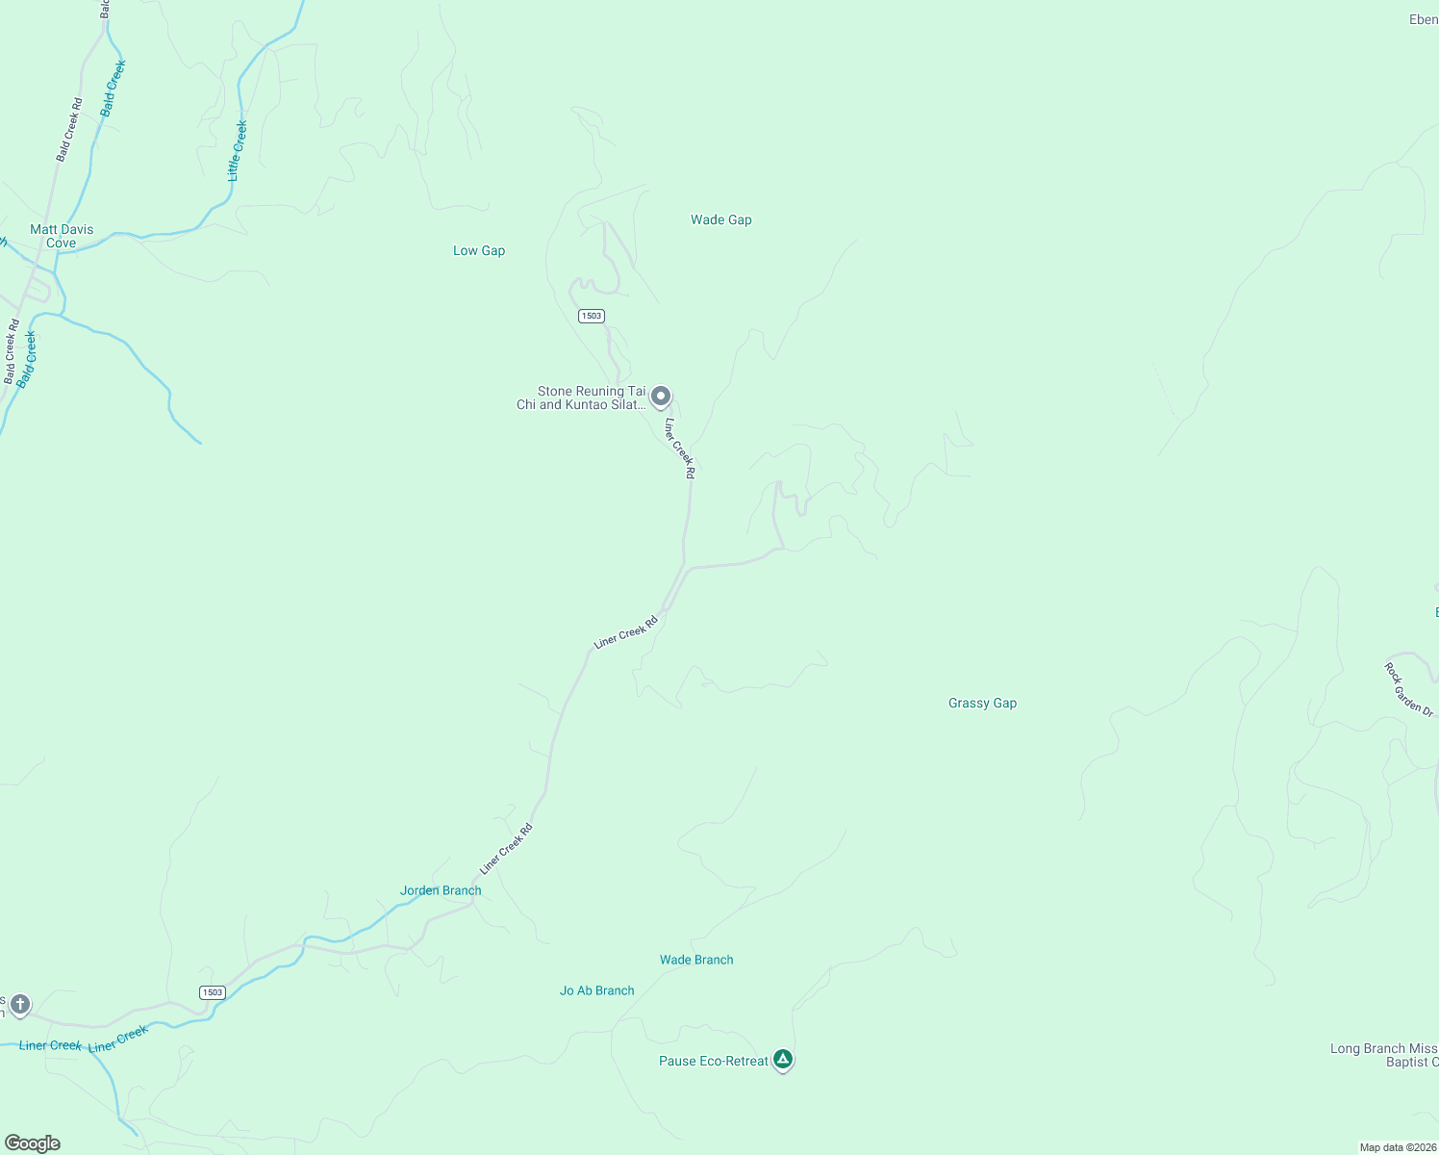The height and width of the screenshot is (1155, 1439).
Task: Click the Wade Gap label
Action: tap(720, 220)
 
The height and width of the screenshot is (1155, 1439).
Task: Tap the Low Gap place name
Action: tap(479, 251)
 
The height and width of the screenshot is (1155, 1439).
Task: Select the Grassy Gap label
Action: tap(982, 704)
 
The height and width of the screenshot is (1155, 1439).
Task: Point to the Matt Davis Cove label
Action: tap(62, 236)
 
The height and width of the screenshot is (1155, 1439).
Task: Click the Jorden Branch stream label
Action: tap(441, 890)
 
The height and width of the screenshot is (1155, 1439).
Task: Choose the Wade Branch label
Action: tap(696, 960)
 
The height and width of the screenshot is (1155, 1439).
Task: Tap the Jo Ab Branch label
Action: tap(596, 990)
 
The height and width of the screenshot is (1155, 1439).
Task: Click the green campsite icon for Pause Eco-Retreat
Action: tap(783, 1060)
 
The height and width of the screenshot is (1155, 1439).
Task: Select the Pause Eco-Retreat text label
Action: tap(714, 1061)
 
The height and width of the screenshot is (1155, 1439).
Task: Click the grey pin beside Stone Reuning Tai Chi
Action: tap(661, 396)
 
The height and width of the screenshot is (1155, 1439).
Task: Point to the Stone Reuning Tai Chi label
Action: tap(582, 398)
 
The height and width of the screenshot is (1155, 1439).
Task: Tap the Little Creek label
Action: tap(237, 150)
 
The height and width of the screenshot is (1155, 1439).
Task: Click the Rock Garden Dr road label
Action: tap(1409, 689)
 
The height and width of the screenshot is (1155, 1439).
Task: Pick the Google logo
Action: tap(33, 1143)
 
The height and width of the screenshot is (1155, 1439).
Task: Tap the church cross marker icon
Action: tap(19, 1005)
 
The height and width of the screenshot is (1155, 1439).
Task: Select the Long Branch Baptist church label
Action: tap(1384, 1055)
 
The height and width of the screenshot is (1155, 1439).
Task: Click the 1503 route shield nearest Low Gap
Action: tap(591, 316)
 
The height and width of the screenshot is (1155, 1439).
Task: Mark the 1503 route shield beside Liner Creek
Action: tap(213, 992)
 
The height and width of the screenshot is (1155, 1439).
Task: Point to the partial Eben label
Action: tap(1423, 19)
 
